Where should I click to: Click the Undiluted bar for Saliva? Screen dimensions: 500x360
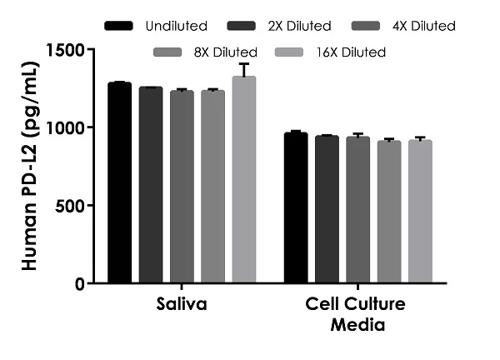pyautogui.click(x=119, y=182)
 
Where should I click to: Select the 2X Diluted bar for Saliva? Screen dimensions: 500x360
pyautogui.click(x=151, y=185)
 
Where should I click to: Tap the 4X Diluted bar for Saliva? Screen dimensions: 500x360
pyautogui.click(x=182, y=187)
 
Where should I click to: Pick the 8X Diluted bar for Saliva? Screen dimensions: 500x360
pyautogui.click(x=212, y=187)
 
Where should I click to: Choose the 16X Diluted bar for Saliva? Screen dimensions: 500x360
pyautogui.click(x=244, y=179)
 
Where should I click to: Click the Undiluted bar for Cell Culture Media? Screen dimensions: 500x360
pyautogui.click(x=296, y=207)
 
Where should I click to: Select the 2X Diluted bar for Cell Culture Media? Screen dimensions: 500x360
pyautogui.click(x=327, y=209)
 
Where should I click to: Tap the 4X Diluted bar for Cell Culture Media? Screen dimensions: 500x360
pyautogui.click(x=357, y=210)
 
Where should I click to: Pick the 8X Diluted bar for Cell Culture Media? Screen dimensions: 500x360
pyautogui.click(x=389, y=212)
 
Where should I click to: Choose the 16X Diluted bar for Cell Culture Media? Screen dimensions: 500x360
pyautogui.click(x=420, y=212)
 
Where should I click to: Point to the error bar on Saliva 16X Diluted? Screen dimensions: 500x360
pyautogui.click(x=244, y=70)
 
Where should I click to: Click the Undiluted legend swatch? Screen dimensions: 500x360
pyautogui.click(x=118, y=26)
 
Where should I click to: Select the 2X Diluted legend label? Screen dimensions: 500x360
pyautogui.click(x=299, y=26)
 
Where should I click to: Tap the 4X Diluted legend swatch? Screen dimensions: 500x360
pyautogui.click(x=366, y=26)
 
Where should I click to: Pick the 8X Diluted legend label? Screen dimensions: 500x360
pyautogui.click(x=226, y=52)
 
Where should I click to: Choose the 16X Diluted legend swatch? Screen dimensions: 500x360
pyautogui.click(x=289, y=52)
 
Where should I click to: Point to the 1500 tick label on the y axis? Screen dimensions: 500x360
pyautogui.click(x=66, y=50)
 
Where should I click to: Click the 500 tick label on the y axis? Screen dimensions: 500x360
pyautogui.click(x=70, y=206)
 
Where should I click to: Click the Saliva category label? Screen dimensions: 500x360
pyautogui.click(x=182, y=304)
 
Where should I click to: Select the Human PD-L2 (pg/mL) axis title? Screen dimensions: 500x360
pyautogui.click(x=30, y=166)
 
